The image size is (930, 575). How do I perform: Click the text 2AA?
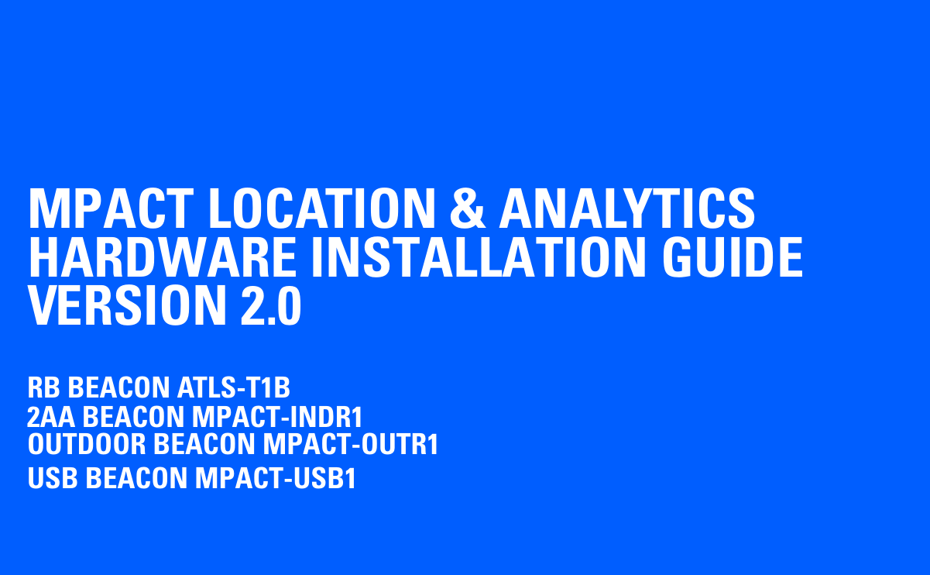point(51,418)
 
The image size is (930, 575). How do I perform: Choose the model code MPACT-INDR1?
point(276,418)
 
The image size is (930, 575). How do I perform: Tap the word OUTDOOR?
point(87,445)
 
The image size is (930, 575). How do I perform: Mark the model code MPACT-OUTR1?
point(350,445)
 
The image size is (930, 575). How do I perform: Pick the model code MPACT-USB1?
point(275,478)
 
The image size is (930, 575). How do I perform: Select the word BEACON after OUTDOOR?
point(204,445)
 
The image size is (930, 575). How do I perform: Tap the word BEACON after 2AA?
point(133,418)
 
